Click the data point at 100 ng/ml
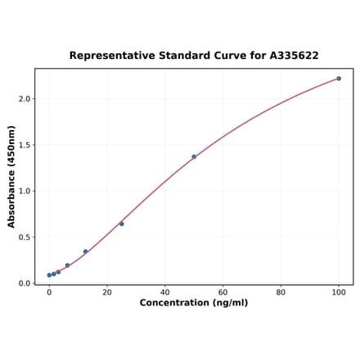(x=339, y=79)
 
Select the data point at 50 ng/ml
(x=194, y=156)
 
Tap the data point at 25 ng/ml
(x=121, y=223)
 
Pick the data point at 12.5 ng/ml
(x=85, y=252)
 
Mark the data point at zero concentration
(x=49, y=275)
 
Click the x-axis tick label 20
(x=107, y=292)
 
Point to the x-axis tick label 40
(x=165, y=292)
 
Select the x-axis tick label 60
(x=223, y=292)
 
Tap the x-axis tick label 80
(x=281, y=292)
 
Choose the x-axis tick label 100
(x=339, y=292)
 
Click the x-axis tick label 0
(x=49, y=292)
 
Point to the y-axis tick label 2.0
(x=25, y=99)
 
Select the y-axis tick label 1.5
(x=25, y=145)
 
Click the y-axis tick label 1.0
(x=25, y=192)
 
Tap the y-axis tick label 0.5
(x=25, y=237)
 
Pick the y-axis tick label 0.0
(x=25, y=283)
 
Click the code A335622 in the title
(x=289, y=56)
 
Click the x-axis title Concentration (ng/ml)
(x=194, y=303)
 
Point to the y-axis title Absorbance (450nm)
(x=11, y=176)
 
